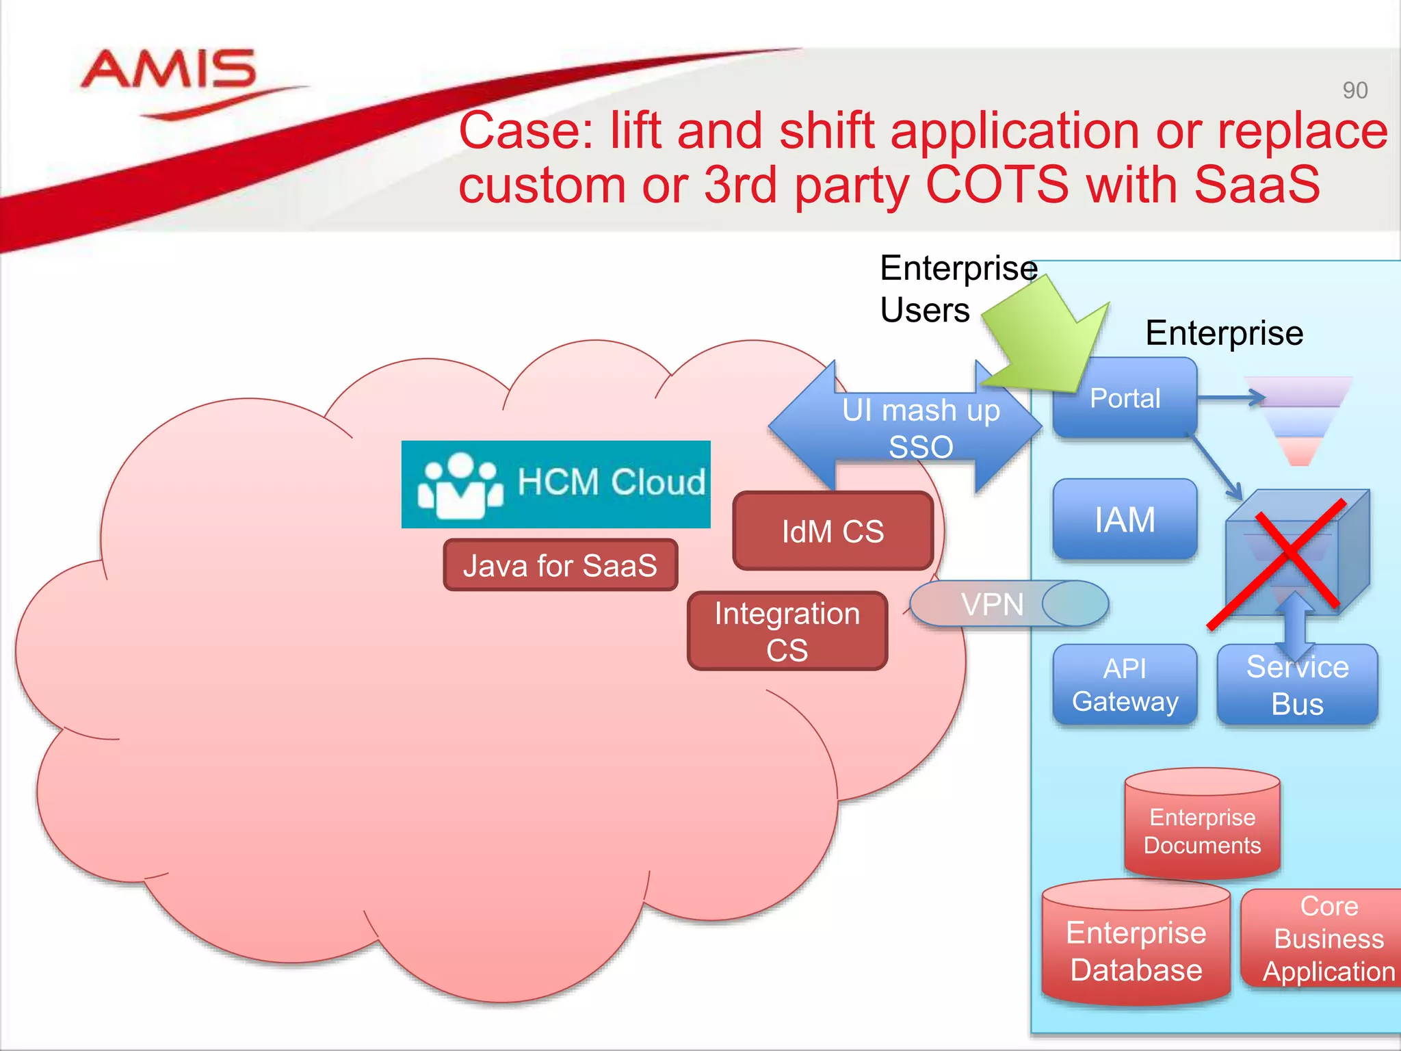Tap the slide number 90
[x=1354, y=90]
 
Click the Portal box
[x=1125, y=398]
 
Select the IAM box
[x=1125, y=519]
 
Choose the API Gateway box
[x=1125, y=685]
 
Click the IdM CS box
[x=833, y=531]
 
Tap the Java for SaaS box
[x=560, y=565]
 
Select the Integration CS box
[x=787, y=631]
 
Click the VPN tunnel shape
[x=1008, y=604]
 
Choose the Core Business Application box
[x=1327, y=939]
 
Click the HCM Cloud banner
[x=555, y=483]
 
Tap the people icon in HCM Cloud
[x=460, y=484]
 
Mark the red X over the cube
[x=1276, y=562]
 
